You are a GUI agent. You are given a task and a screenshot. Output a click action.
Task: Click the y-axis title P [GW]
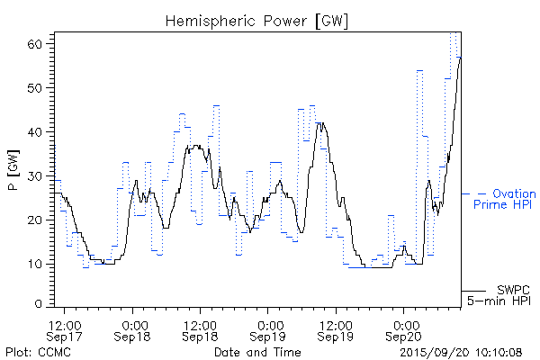coord(13,169)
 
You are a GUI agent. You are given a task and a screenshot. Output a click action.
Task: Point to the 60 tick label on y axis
coord(39,44)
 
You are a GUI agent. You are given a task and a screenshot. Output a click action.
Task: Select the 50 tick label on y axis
coord(39,88)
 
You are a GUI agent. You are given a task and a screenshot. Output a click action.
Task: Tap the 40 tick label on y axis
coord(39,132)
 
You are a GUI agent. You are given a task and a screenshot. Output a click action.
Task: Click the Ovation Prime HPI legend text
coord(504,200)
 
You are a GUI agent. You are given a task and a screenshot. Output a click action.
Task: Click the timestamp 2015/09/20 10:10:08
coord(462,351)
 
